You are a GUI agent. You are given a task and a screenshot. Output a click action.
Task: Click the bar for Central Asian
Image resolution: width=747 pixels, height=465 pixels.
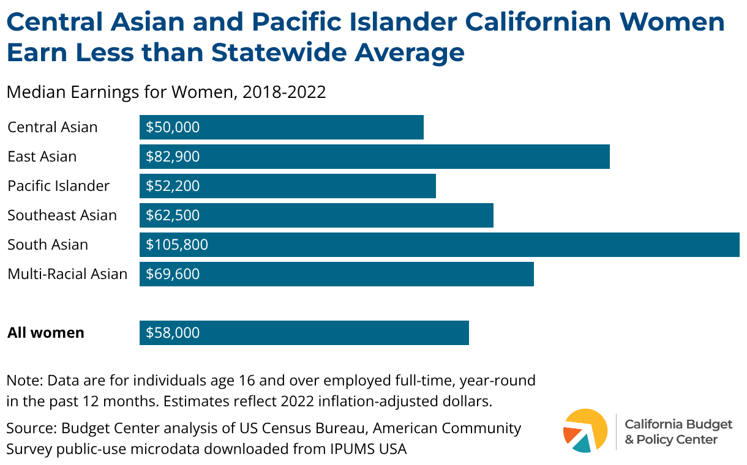[282, 127]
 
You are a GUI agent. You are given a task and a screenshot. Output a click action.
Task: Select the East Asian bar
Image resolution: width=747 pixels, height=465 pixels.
[375, 157]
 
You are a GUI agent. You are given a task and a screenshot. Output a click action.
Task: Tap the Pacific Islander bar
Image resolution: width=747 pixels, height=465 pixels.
[288, 186]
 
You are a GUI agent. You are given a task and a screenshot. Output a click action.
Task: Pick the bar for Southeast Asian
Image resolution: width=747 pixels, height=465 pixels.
[317, 215]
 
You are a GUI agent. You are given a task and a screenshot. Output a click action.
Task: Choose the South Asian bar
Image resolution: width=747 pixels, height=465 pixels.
[440, 245]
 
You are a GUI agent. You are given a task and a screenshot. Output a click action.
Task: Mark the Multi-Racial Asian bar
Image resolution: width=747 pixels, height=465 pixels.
[337, 274]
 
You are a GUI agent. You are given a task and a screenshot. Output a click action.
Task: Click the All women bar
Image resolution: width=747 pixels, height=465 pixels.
[304, 333]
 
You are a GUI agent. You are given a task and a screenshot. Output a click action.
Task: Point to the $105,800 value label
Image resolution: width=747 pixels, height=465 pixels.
[177, 245]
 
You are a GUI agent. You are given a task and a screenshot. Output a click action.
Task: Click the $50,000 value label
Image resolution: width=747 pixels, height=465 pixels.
[173, 127]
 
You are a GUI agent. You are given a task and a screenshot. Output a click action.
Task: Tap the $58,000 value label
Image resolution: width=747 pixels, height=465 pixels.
[173, 333]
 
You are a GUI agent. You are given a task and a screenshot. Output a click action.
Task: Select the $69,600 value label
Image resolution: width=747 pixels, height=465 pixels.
[173, 274]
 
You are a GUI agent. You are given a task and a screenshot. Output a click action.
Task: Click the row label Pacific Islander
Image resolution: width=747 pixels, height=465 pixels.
[59, 186]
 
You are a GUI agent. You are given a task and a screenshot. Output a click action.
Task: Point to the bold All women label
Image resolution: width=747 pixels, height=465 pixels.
[46, 333]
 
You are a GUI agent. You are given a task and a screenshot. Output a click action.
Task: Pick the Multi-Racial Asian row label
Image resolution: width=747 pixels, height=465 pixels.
[67, 274]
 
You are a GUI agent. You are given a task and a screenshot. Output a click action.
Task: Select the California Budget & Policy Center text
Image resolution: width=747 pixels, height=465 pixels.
[678, 431]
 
